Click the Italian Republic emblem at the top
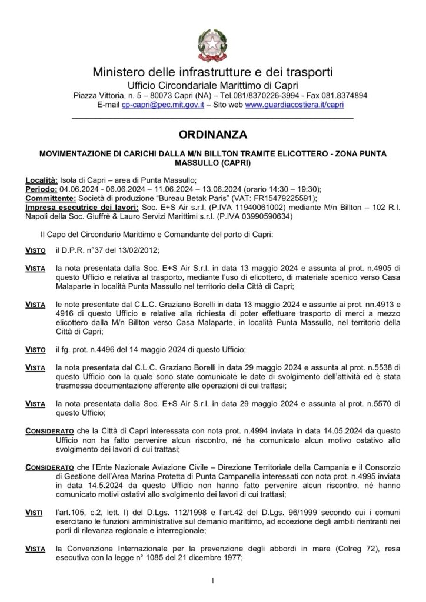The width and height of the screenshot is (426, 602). [x=212, y=41]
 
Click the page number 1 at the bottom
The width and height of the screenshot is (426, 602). [x=212, y=581]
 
